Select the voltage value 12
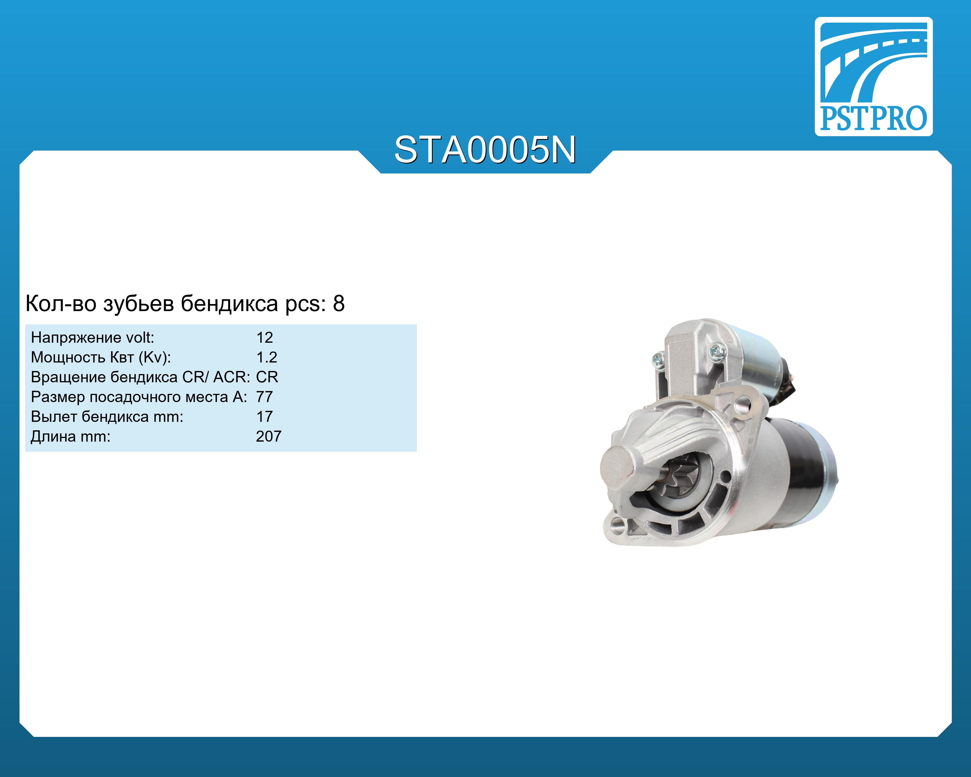click(264, 337)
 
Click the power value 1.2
click(266, 357)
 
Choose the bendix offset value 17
click(264, 417)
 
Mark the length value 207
click(268, 437)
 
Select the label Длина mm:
click(70, 437)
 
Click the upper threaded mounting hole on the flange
click(741, 403)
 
